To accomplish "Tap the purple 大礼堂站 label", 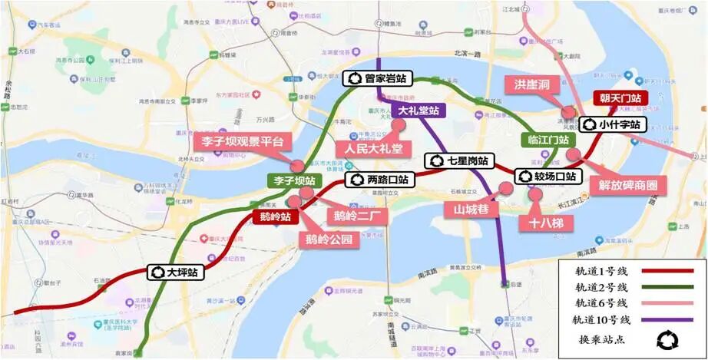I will click(x=418, y=111).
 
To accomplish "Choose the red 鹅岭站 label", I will click(x=275, y=217).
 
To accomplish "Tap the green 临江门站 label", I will click(x=548, y=140).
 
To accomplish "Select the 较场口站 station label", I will click(x=546, y=177).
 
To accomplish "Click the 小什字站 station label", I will click(x=611, y=124).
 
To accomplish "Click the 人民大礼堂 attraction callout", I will click(x=373, y=148).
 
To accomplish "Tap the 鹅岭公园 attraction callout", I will click(x=329, y=239).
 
